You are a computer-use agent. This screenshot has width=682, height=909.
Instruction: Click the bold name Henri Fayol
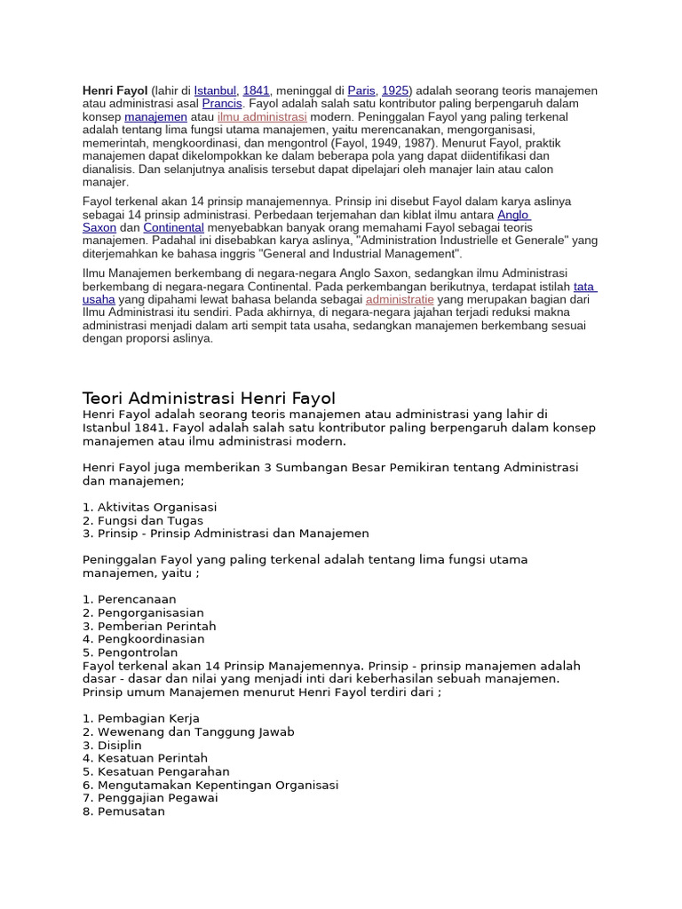tap(115, 91)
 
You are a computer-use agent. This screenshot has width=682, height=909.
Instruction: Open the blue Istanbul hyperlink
tap(215, 91)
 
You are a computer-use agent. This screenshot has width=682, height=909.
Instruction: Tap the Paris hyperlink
tap(361, 91)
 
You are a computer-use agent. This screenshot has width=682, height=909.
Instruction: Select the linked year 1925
tap(395, 91)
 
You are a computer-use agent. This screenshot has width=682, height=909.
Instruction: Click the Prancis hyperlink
tap(222, 104)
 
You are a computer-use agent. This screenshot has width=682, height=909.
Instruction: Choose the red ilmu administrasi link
tap(262, 116)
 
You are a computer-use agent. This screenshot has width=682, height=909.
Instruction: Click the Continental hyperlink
tap(173, 227)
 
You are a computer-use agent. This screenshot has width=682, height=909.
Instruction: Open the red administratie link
tap(400, 299)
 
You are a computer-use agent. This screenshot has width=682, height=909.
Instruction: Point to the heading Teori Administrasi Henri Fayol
tap(209, 398)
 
